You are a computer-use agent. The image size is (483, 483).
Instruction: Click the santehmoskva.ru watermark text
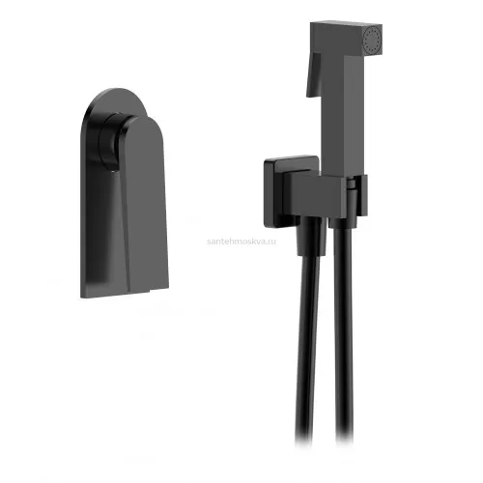point(241,241)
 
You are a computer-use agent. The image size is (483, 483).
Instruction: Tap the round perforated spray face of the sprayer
point(373,40)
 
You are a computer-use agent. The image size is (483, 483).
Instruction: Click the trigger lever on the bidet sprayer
point(313,74)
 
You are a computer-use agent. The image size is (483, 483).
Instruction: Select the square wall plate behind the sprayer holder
point(291,192)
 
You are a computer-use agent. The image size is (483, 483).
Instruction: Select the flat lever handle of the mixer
point(144,205)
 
